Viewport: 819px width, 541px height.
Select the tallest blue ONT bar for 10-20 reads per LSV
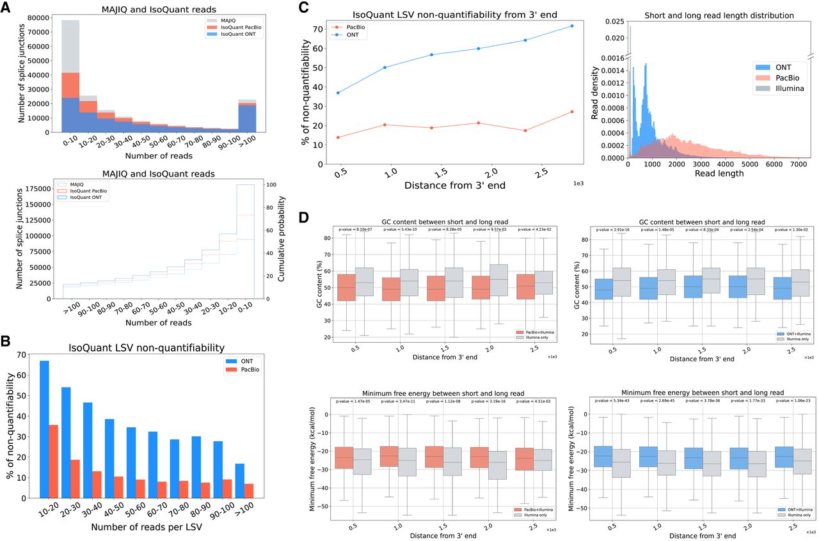tap(44, 428)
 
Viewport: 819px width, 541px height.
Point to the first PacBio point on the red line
tap(338, 137)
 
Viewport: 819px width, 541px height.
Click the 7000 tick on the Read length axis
tap(796, 164)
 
